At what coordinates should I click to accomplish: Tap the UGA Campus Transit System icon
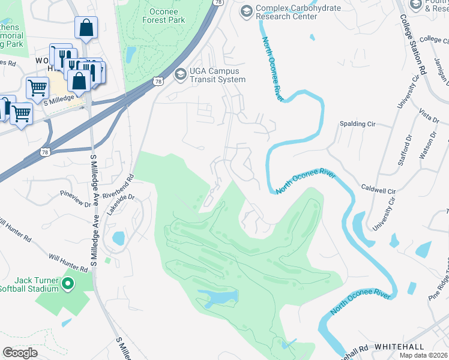click(179, 74)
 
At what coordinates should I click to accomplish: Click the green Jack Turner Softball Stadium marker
click(68, 283)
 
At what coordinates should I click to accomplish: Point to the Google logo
click(20, 353)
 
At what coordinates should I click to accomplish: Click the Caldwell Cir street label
click(379, 189)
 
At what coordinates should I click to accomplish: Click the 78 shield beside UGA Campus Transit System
click(157, 81)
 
